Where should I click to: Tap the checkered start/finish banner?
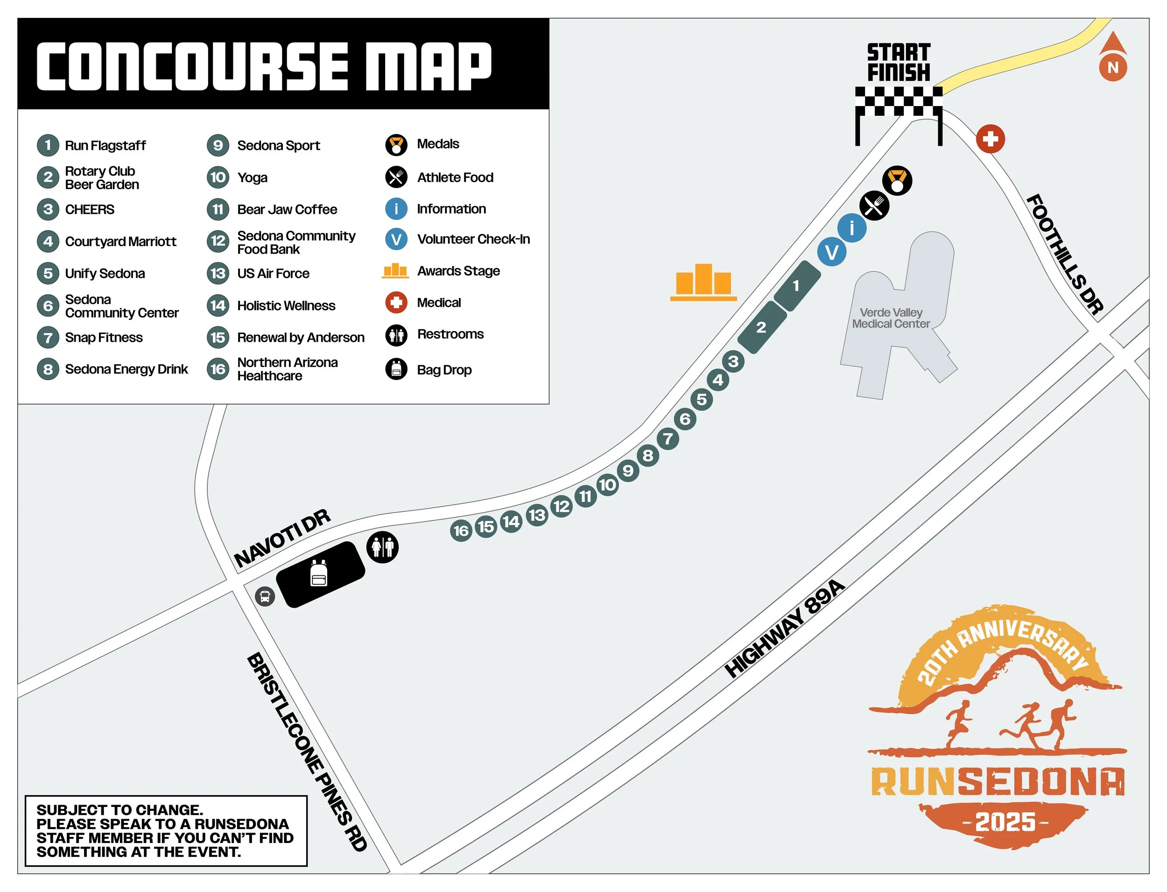point(899,101)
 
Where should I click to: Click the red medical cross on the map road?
point(990,139)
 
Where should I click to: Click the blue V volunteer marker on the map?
point(831,253)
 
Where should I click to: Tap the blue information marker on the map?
point(851,228)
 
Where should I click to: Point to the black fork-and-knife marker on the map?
point(874,205)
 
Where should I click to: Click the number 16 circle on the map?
point(461,531)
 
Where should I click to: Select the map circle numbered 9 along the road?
point(627,470)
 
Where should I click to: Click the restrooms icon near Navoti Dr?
point(382,547)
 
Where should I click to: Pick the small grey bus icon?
point(265,596)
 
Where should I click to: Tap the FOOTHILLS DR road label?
point(1063,255)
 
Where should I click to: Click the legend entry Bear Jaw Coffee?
point(287,210)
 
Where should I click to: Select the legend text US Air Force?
point(273,274)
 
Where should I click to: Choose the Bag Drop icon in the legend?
point(396,369)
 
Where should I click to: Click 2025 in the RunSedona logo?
point(1005,822)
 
